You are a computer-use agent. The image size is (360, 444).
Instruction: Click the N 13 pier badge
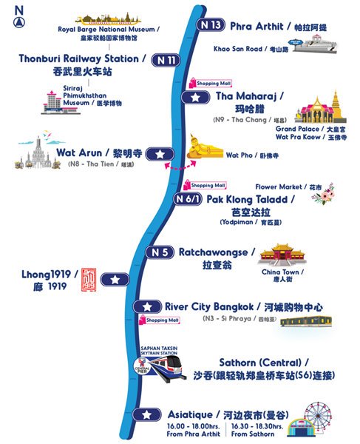click(x=210, y=24)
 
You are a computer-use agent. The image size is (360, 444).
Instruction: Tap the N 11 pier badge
click(x=164, y=60)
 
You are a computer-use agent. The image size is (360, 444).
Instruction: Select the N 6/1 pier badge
click(x=187, y=198)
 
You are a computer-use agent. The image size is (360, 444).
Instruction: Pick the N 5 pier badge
click(x=160, y=253)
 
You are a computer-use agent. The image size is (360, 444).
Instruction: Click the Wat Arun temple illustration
click(x=29, y=154)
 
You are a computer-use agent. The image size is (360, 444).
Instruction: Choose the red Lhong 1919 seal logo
click(x=88, y=279)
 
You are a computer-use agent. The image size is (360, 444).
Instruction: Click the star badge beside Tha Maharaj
click(x=194, y=96)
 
